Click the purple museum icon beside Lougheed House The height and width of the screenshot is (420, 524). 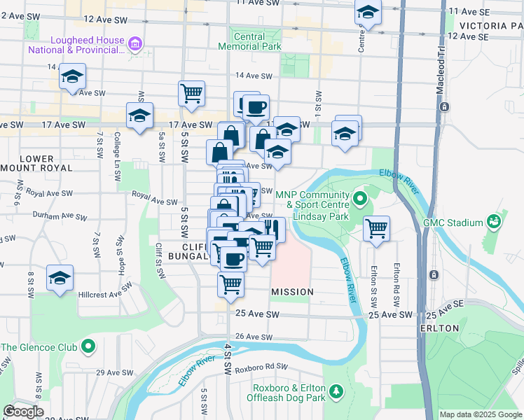pyautogui.click(x=136, y=45)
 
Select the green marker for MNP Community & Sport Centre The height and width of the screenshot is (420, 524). pyautogui.click(x=360, y=199)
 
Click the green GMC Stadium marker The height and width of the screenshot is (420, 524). pyautogui.click(x=495, y=222)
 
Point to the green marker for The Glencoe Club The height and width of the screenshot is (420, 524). pyautogui.click(x=88, y=346)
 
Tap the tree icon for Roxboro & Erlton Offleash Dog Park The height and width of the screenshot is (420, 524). pyautogui.click(x=336, y=389)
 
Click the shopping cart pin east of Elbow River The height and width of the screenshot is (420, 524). pyautogui.click(x=377, y=227)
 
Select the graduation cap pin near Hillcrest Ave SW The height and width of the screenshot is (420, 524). pyautogui.click(x=60, y=276)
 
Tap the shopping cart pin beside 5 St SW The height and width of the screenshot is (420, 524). pyautogui.click(x=191, y=92)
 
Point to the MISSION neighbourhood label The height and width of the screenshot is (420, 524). pyautogui.click(x=291, y=290)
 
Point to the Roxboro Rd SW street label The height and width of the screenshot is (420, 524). pyautogui.click(x=262, y=366)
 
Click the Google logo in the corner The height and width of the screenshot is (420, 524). pyautogui.click(x=23, y=412)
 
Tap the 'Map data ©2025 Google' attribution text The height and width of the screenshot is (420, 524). pyautogui.click(x=480, y=414)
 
